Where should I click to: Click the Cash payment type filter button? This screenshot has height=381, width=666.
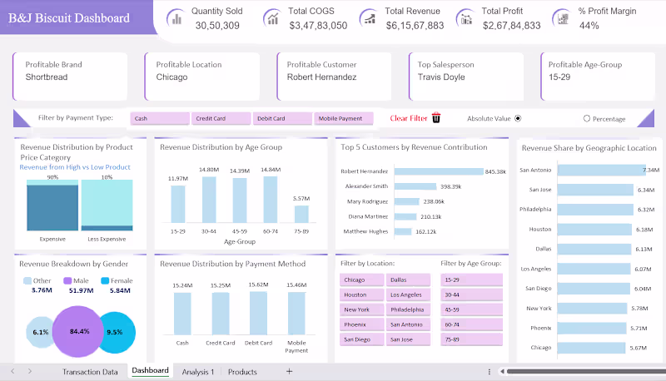tap(160, 119)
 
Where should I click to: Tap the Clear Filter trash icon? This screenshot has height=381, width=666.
tap(436, 118)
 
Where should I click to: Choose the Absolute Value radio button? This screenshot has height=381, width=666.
tap(518, 118)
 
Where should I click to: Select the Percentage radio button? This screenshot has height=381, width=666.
tap(587, 119)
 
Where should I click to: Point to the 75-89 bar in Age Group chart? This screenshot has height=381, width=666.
tap(301, 214)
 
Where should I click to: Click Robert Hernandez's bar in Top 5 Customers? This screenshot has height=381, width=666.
tap(438, 172)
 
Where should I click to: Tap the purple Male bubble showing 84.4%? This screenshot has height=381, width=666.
tap(80, 331)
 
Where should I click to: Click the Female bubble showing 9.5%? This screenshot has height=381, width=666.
tap(115, 331)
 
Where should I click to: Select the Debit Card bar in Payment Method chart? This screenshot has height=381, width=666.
tap(257, 312)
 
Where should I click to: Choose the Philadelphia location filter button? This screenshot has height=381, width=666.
tap(406, 309)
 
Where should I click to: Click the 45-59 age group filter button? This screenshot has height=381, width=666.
tap(471, 309)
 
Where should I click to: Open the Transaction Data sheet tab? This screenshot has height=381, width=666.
tap(90, 372)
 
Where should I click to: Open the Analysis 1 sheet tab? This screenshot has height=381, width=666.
tap(198, 372)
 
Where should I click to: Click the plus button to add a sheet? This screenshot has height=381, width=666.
tap(289, 372)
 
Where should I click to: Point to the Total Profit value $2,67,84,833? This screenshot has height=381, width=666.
tap(511, 26)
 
